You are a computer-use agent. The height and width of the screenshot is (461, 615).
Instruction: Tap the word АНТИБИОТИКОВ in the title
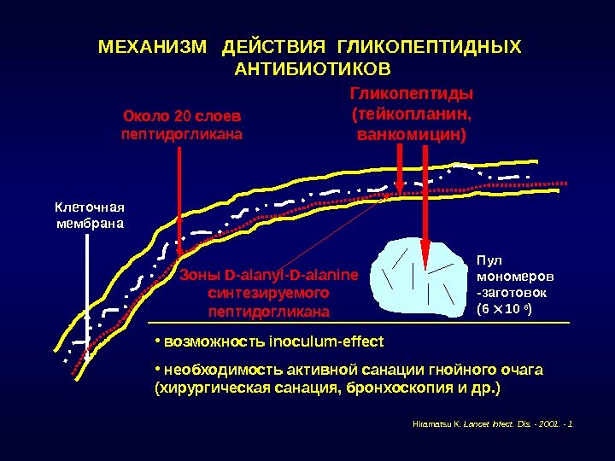(311, 67)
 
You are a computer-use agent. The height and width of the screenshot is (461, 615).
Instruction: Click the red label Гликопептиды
(412, 93)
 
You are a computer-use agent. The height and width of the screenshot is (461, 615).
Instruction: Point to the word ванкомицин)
(412, 135)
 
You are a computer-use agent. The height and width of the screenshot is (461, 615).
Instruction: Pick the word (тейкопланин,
(412, 114)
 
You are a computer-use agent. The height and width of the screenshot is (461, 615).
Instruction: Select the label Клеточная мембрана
(90, 215)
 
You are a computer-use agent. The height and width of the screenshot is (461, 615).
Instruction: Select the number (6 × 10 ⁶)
(505, 309)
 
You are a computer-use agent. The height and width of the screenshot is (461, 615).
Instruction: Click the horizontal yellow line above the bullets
(359, 324)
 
